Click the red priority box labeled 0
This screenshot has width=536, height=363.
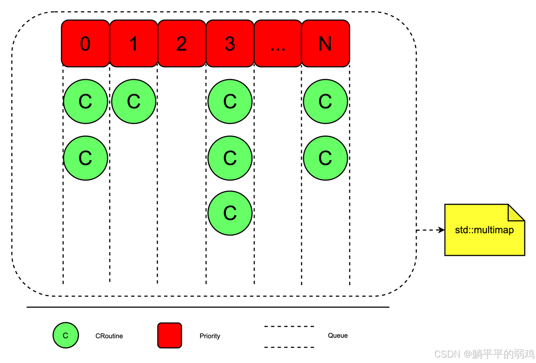coord(85,44)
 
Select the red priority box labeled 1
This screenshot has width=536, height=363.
coord(134,44)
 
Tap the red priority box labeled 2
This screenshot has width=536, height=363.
coord(182,44)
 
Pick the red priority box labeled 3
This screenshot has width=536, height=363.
coord(230,44)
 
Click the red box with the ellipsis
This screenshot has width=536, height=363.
coord(278,44)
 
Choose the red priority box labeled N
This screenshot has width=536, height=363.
coord(325,44)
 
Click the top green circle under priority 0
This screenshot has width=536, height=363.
coord(85,101)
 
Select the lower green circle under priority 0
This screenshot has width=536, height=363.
coord(85,158)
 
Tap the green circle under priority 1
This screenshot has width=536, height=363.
coord(134,101)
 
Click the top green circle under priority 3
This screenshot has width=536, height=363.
coord(230,101)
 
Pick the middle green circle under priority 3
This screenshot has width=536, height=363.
coord(230,158)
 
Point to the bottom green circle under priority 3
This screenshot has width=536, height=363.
coord(230,213)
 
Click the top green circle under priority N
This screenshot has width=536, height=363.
coord(325,101)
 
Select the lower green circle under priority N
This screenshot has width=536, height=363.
coord(325,158)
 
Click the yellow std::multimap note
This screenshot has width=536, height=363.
coord(484,230)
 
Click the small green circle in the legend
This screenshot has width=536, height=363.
coord(65,335)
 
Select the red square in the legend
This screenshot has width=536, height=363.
coord(170,335)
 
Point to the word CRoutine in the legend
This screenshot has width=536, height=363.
coord(109,336)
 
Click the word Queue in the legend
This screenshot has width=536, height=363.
coord(338,335)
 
